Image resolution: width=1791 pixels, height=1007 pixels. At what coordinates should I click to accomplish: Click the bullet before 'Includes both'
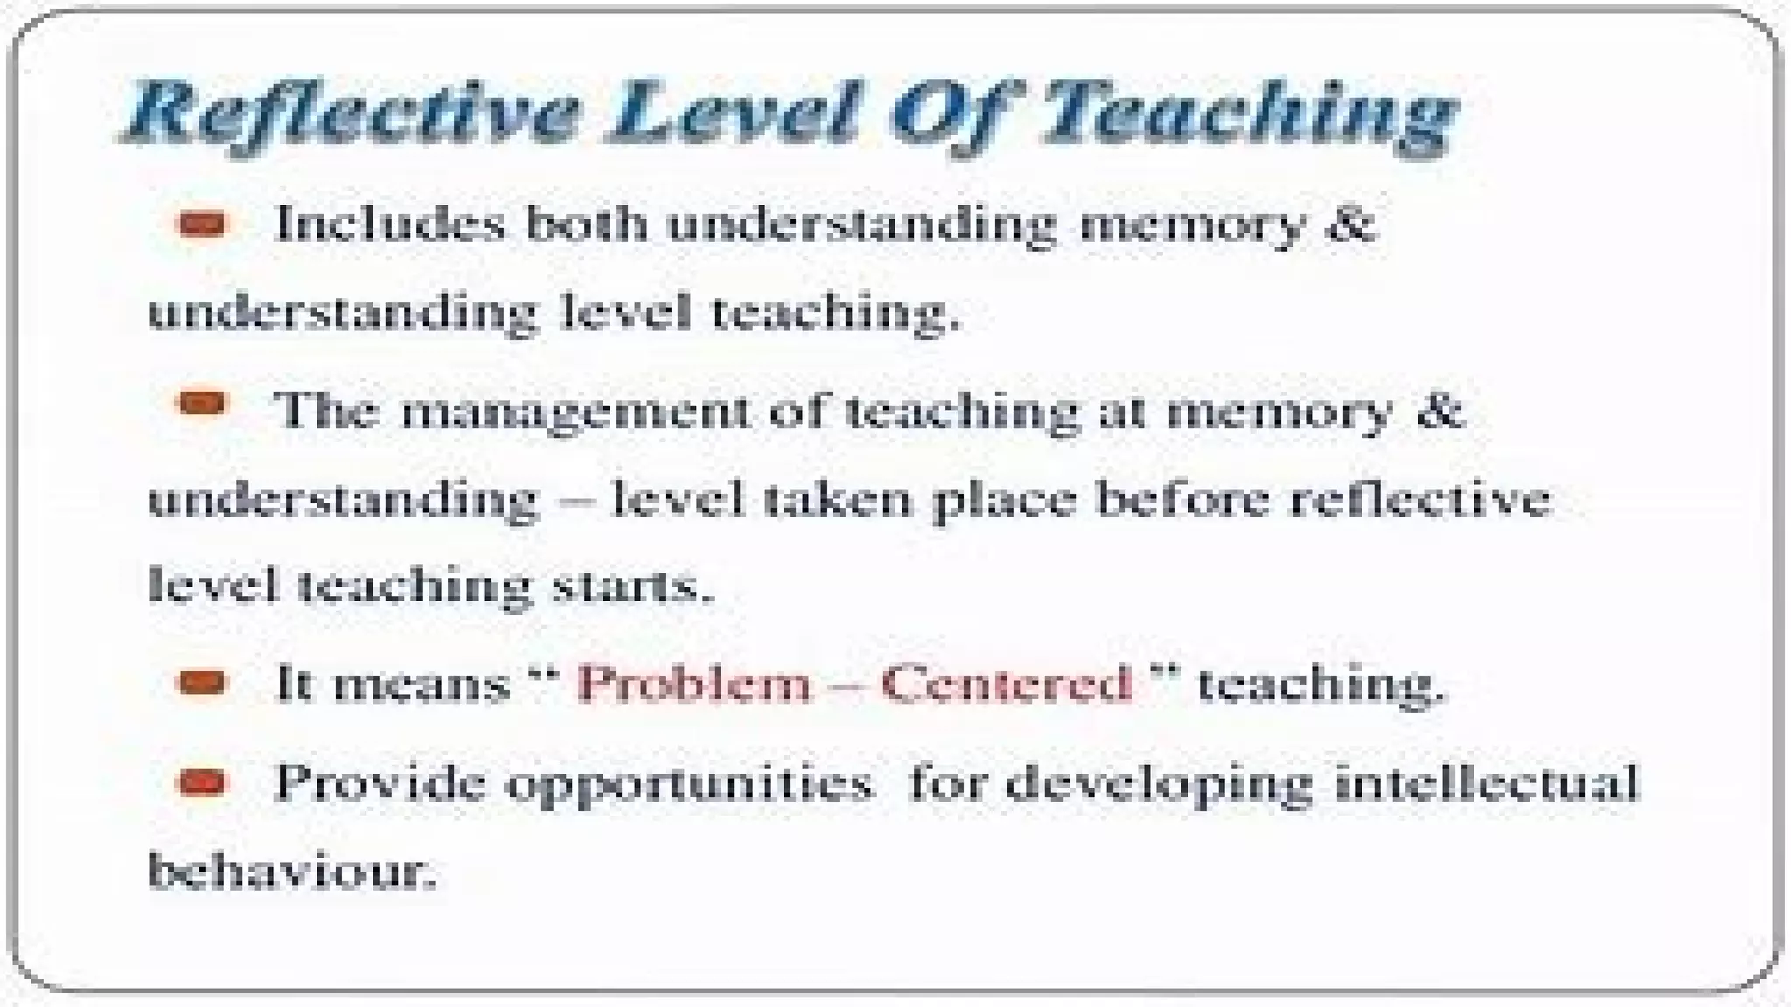pyautogui.click(x=202, y=225)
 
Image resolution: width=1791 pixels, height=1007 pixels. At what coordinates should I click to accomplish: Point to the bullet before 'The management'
pyautogui.click(x=202, y=404)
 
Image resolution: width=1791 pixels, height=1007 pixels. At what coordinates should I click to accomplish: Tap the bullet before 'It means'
pyautogui.click(x=202, y=683)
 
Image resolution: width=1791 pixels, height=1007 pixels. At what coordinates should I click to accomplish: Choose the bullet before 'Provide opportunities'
pyautogui.click(x=202, y=782)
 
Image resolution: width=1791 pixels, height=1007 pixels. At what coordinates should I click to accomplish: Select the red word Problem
pyautogui.click(x=694, y=683)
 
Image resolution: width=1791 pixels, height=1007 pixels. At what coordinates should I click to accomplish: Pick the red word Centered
pyautogui.click(x=1006, y=683)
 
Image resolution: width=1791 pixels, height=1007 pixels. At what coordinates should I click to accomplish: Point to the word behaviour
pyautogui.click(x=291, y=870)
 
